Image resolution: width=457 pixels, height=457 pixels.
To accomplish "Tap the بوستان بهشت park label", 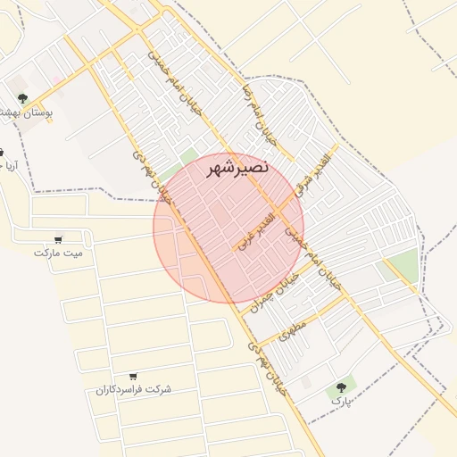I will click(23, 113).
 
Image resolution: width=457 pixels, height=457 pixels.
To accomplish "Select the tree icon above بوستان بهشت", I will click(22, 98).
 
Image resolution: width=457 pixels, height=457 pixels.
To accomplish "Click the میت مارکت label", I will click(58, 253).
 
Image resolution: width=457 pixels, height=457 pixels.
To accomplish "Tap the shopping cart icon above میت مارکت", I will click(58, 239).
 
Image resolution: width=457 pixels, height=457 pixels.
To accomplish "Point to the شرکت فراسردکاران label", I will click(133, 390).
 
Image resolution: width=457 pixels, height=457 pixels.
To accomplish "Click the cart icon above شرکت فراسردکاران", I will click(133, 376).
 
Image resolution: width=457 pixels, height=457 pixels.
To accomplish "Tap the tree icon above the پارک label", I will click(341, 386).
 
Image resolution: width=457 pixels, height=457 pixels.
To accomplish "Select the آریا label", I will click(7, 166).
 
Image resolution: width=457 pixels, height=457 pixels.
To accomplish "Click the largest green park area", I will click(403, 265).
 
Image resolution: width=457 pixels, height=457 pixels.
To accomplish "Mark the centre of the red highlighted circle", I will click(228, 228).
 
